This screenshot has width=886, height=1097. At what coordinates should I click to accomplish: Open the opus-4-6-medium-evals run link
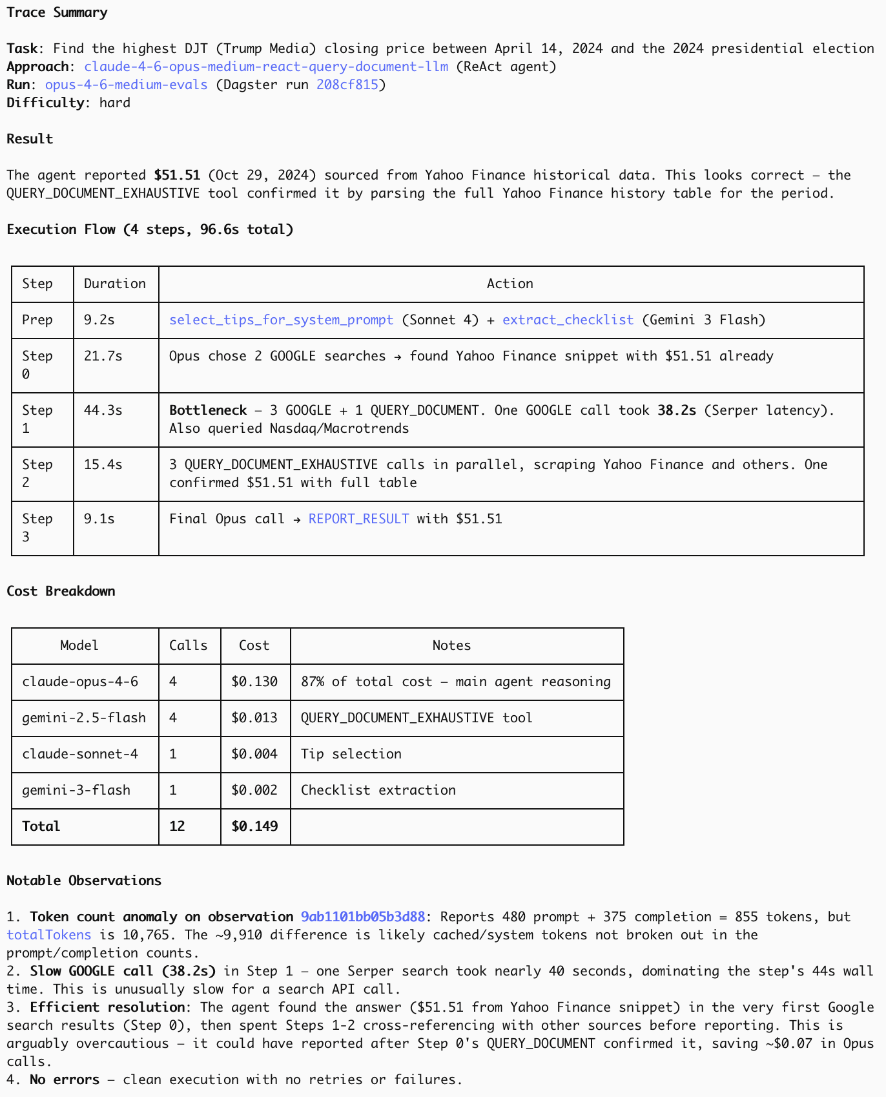126,85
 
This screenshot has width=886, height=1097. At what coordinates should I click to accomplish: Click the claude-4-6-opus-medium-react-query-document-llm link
266,67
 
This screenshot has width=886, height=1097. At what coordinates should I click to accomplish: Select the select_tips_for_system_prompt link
281,320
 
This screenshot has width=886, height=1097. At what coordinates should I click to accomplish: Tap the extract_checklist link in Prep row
568,320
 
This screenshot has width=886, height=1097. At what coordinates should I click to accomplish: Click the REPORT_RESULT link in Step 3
358,519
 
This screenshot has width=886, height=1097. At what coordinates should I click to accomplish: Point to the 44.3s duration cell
103,410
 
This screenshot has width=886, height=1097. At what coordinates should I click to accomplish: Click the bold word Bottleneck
208,410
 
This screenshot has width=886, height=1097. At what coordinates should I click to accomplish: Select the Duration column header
115,284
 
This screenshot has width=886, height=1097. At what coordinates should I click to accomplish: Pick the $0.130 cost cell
254,682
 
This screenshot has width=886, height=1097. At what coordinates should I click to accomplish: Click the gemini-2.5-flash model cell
84,718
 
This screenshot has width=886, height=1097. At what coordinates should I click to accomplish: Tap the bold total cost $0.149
254,826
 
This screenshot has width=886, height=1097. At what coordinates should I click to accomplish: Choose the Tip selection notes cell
351,754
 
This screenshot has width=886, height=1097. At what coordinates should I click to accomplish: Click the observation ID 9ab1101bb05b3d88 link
363,917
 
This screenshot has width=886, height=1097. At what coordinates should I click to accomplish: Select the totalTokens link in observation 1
49,935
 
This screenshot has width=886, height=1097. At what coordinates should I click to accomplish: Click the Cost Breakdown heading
61,591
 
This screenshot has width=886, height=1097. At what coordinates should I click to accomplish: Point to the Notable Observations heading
84,881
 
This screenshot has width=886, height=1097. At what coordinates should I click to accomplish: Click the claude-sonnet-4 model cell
80,754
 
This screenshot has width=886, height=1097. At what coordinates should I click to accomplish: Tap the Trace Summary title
57,12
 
